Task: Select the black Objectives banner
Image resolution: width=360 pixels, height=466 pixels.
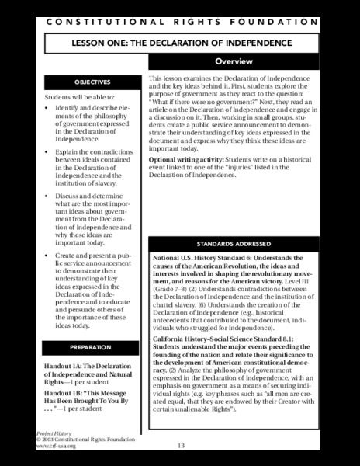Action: pyautogui.click(x=87, y=81)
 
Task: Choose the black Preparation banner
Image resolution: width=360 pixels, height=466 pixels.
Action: pyautogui.click(x=87, y=346)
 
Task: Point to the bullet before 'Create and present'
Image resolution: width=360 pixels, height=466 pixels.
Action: pyautogui.click(x=48, y=256)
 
